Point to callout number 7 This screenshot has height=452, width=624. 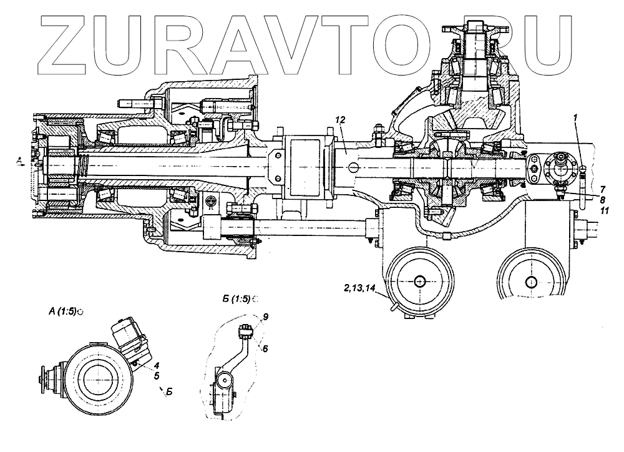click(x=603, y=189)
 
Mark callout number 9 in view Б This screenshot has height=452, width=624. click(x=265, y=317)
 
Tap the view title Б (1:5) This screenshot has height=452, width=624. click(x=236, y=299)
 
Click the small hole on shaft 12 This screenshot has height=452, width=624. click(x=353, y=167)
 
